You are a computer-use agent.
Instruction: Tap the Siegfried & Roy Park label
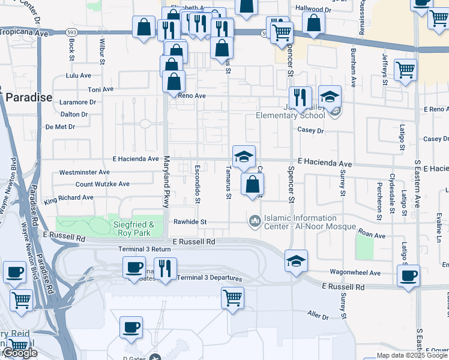coord(134,229)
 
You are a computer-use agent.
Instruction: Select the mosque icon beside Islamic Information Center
coord(255,221)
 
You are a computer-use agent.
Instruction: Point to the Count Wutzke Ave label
coord(102,184)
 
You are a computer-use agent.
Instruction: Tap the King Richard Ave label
coord(68,197)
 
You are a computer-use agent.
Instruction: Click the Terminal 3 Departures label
coord(209,278)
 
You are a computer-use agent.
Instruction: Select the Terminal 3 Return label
coord(145,249)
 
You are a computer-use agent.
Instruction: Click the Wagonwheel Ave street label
coord(354,273)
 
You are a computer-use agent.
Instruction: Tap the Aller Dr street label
coord(318,316)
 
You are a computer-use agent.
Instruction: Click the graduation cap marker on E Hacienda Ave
coord(244,157)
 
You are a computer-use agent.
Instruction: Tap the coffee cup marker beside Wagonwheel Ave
coord(409,276)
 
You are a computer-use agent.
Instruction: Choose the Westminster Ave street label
coord(84,172)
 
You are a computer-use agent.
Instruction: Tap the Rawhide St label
coord(190,222)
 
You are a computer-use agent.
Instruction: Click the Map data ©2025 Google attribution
coord(412,355)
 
